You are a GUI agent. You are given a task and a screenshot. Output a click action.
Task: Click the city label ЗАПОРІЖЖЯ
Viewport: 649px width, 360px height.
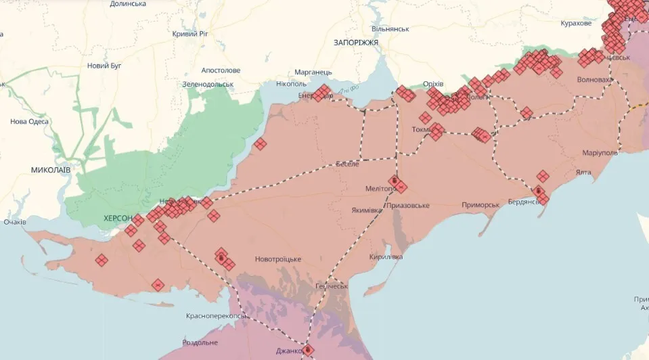pos(355,43)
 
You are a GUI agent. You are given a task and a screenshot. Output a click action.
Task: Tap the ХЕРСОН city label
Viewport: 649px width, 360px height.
pos(118,219)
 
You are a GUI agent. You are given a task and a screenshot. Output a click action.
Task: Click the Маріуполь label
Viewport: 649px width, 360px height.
pos(600,153)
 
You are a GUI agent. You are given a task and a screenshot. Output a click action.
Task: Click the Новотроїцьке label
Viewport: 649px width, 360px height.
pos(277,259)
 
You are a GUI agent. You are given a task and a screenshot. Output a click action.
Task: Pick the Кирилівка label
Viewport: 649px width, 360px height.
pos(386,257)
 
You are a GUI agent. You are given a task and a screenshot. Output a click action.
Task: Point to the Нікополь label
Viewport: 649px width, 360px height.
pos(291,84)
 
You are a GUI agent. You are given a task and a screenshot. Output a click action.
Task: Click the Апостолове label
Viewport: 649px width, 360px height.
pos(221,70)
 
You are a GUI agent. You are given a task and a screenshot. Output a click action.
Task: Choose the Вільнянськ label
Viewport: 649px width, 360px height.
pos(390,29)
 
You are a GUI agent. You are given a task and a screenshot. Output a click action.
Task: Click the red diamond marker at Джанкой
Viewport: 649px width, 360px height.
pos(308,350)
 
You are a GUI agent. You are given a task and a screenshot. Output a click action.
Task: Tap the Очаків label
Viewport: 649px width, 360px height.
pos(15,222)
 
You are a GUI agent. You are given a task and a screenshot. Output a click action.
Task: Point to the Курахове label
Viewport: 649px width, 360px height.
pos(576,23)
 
